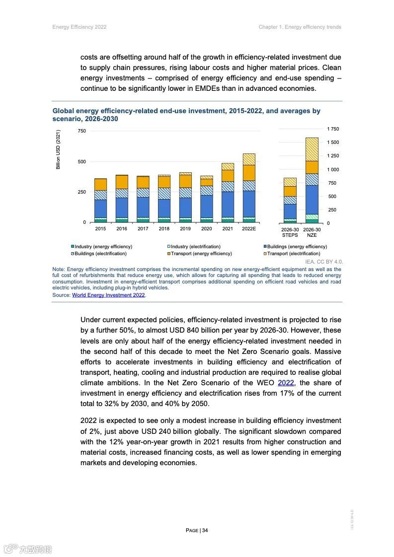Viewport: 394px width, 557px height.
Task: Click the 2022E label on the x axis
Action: coord(248,229)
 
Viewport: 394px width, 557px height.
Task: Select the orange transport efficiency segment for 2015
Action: coord(100,184)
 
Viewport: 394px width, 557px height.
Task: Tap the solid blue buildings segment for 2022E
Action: coord(248,204)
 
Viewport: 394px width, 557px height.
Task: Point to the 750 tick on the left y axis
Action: coord(81,131)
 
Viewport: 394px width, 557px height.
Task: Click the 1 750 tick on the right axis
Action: coord(332,129)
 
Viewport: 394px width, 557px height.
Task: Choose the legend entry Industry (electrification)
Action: coord(195,247)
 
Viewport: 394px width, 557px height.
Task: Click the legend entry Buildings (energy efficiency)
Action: coord(297,247)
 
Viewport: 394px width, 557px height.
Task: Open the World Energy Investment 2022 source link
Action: coord(108,295)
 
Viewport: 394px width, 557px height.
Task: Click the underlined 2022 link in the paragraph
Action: coord(286,383)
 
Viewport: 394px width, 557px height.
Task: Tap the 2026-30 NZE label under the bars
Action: coord(312,232)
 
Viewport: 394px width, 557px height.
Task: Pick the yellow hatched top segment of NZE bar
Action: coord(312,149)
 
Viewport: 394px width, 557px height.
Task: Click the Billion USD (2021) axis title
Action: coord(58,149)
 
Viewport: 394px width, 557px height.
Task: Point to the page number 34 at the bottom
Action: coord(197,530)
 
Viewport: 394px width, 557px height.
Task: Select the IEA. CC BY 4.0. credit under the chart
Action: coord(323,262)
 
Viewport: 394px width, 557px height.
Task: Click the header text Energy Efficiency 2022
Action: coord(79,27)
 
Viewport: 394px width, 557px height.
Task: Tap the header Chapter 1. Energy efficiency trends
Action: coord(300,27)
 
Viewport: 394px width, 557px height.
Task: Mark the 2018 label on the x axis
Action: coord(164,229)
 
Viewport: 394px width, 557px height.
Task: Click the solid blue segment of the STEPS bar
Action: coord(290,211)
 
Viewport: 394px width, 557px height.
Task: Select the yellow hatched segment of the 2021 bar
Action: coord(228,166)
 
